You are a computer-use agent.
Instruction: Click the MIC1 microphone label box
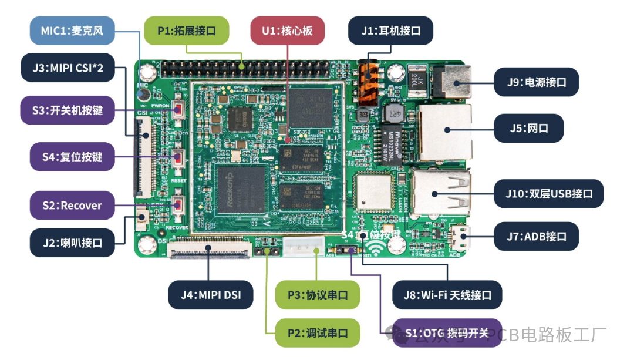(72, 31)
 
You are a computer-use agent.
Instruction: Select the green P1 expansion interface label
(186, 31)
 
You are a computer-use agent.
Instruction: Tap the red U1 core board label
(288, 31)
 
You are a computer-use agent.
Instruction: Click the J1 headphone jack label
(390, 31)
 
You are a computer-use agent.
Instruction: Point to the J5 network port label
(529, 128)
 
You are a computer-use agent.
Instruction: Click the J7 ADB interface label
(536, 237)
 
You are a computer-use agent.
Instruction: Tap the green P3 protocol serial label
(317, 295)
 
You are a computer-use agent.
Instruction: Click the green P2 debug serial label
(317, 333)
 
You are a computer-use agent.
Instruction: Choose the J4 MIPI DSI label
(211, 295)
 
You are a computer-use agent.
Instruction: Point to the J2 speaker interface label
(73, 243)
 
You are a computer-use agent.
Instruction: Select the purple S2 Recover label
(72, 206)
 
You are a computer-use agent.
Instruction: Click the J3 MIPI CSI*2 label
(68, 68)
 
